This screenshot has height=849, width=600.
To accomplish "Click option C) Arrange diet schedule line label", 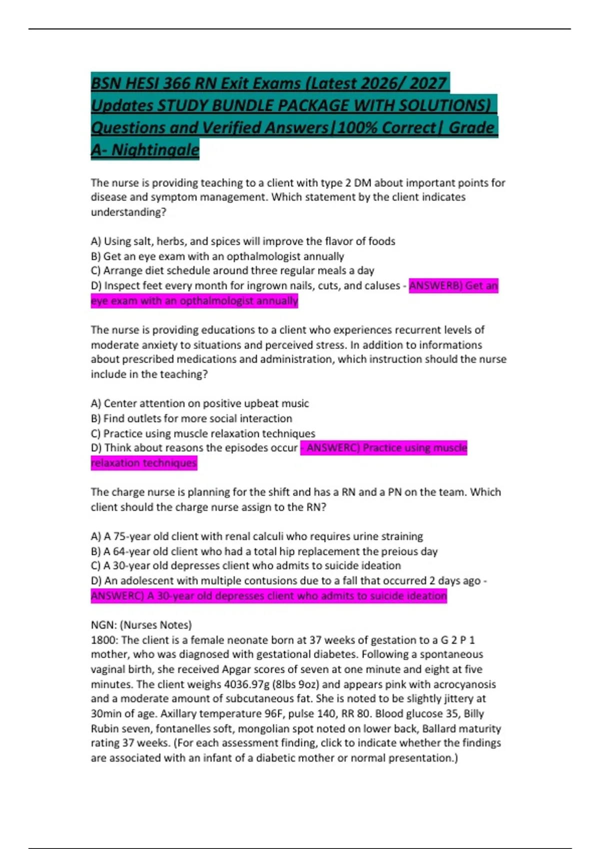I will (96, 271).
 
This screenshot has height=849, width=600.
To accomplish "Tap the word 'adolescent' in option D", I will (145, 581).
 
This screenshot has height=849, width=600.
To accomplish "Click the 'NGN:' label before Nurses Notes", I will (103, 625).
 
